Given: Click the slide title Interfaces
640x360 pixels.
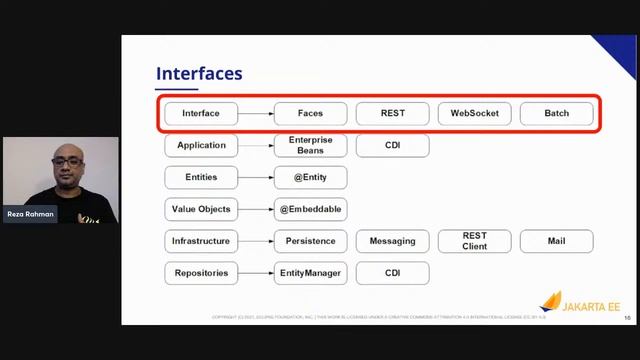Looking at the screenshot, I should click(x=199, y=74).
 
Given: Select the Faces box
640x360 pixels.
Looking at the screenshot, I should click(x=310, y=113).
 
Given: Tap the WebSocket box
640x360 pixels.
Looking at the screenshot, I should click(x=474, y=113).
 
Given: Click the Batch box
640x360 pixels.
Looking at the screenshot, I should click(x=556, y=113).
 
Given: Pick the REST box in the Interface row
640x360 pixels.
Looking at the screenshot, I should click(x=392, y=113).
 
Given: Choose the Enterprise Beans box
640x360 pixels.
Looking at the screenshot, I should click(x=310, y=145).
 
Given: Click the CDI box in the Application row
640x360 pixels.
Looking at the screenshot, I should click(x=392, y=145).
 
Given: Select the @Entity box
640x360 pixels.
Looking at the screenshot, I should click(x=310, y=177).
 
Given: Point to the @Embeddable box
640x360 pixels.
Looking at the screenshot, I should click(x=310, y=209).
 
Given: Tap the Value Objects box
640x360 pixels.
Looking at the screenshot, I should click(x=201, y=209).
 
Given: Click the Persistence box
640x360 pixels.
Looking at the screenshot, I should click(x=310, y=241).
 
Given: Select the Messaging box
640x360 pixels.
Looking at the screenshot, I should click(x=392, y=241).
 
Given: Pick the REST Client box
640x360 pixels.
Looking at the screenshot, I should click(x=474, y=241).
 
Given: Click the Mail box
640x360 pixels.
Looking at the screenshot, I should click(x=556, y=241).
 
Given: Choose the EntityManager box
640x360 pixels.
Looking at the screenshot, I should click(x=310, y=273).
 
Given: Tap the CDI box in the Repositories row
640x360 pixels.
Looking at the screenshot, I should click(x=392, y=273).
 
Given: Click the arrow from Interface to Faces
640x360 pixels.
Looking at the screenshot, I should click(x=255, y=113).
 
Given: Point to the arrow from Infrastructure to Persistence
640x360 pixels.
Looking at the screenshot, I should click(x=255, y=241).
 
